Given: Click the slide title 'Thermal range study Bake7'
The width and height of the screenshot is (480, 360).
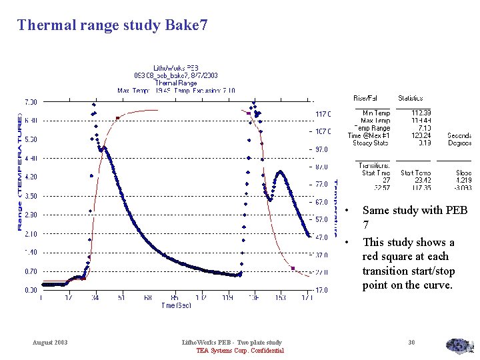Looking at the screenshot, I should pos(112,25).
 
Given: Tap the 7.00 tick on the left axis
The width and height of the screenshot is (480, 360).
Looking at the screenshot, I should pos(31,102).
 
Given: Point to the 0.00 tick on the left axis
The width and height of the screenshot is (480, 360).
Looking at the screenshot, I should pos(31,291).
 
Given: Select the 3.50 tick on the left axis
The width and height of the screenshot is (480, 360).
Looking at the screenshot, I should pos(31,197).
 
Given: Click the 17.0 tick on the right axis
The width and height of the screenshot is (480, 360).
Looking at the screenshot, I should pos(323,291).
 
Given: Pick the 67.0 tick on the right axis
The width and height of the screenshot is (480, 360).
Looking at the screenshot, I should pos(323,202).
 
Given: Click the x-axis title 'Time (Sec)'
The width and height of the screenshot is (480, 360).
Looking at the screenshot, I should pos(177,305).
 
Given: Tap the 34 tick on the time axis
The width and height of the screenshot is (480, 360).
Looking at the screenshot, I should pos(95,298).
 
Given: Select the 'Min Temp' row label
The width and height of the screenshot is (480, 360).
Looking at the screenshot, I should pos(377,113).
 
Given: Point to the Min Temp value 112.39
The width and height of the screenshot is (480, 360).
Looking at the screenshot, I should pos(421,113).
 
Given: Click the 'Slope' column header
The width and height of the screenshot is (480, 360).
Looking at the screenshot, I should pos(463,173).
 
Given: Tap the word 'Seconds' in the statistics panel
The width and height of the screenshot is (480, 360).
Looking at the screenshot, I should pos(459,135).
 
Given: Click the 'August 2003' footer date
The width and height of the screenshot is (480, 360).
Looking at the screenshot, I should pos(50,343).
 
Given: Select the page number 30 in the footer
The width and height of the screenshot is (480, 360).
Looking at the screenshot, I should pos(411,343).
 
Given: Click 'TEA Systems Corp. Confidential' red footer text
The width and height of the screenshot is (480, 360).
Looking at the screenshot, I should pos(240,351).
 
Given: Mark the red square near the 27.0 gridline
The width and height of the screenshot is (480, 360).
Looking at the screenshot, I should pos(293,268).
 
